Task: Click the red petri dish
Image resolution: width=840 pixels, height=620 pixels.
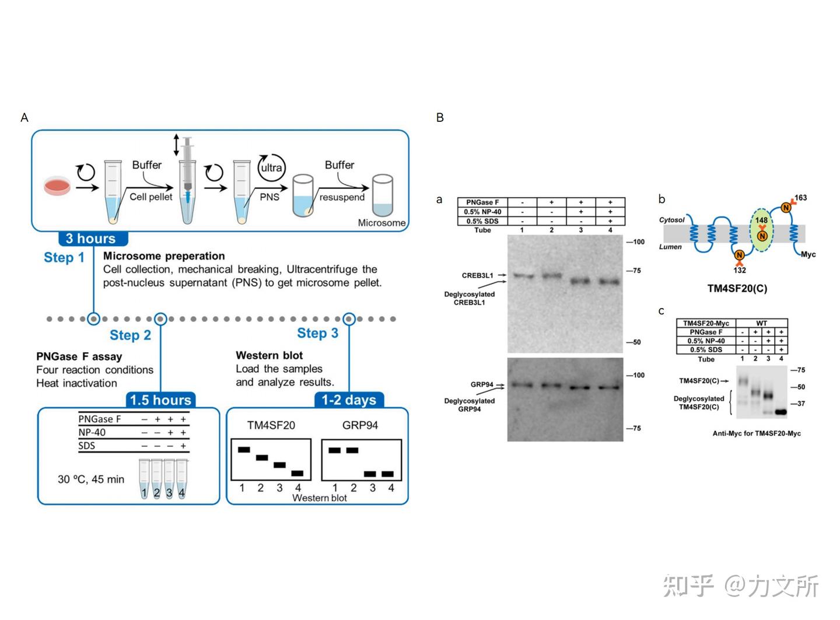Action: [57, 187]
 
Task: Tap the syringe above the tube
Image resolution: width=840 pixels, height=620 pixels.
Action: [187, 166]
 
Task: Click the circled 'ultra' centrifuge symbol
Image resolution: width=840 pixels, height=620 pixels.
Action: [271, 168]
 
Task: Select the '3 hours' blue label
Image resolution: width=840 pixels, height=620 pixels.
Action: [91, 239]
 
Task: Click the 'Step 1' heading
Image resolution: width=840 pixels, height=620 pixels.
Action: [64, 258]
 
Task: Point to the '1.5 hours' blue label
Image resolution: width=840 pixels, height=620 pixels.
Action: [160, 400]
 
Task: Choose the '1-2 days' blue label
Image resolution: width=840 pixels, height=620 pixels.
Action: [349, 400]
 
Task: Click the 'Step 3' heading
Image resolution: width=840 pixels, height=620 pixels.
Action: [317, 333]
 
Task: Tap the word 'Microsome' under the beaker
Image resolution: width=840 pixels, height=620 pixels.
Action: [381, 223]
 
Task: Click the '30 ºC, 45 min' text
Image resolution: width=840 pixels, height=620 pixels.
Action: [91, 479]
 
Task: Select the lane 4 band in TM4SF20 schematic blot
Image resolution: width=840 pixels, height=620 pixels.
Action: [297, 473]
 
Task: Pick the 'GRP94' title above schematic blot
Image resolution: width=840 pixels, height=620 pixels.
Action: [360, 425]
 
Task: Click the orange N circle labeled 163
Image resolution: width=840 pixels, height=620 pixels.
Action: [786, 207]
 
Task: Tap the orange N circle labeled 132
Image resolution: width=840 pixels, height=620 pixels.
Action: [739, 255]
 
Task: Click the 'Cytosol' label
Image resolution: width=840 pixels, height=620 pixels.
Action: [671, 220]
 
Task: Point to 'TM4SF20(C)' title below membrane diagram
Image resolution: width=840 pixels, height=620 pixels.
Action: [737, 288]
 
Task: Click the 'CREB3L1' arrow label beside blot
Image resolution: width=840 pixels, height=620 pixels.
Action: [478, 275]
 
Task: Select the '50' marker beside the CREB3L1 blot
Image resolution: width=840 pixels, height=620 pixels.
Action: [636, 342]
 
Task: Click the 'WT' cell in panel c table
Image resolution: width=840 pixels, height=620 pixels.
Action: [761, 323]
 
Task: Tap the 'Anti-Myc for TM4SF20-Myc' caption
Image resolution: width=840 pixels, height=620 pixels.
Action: [757, 433]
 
